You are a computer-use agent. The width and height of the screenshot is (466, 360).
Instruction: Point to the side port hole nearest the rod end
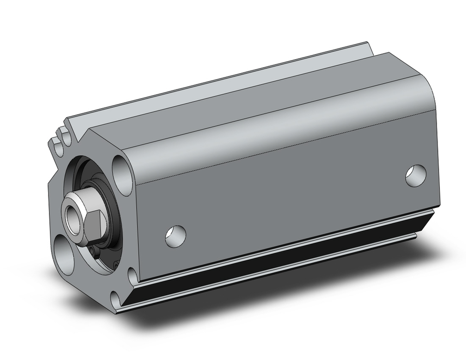(175, 236)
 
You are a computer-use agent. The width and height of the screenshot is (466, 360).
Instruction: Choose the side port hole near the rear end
(415, 175)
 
